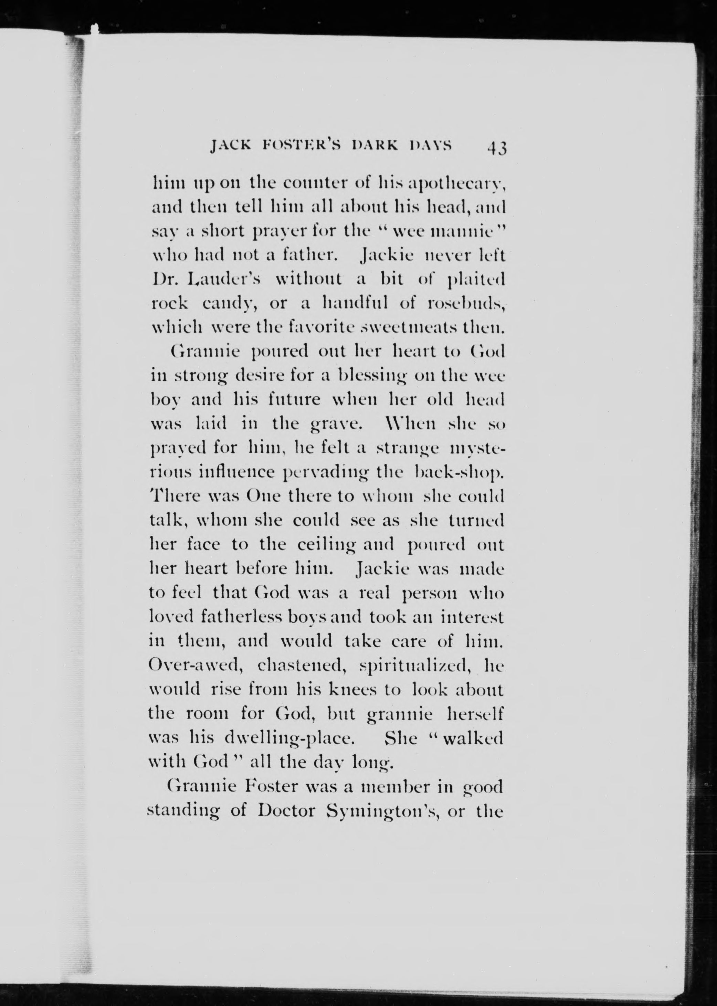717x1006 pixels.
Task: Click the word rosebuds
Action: [465, 304]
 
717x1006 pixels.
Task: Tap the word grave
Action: [337, 425]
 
